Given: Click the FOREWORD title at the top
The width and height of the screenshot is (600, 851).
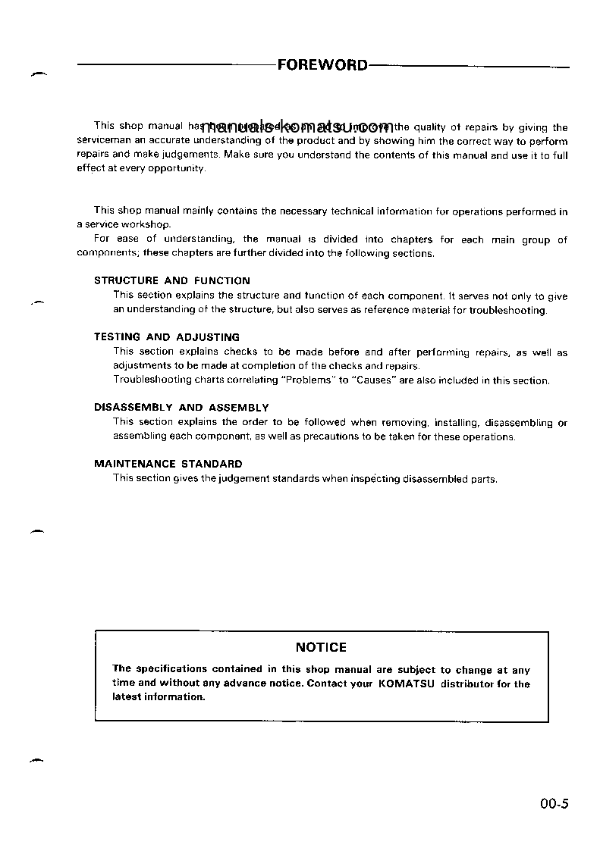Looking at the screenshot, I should pos(322,65).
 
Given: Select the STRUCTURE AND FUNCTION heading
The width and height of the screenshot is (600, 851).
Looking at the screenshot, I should pos(171,280).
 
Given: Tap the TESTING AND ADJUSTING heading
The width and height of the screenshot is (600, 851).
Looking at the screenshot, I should pos(166,337).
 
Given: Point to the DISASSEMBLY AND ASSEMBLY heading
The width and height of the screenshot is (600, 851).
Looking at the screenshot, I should pos(181,408).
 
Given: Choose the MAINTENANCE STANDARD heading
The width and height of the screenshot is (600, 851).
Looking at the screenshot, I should pos(168,464).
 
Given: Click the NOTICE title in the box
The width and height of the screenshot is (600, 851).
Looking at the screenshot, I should pos(321,647).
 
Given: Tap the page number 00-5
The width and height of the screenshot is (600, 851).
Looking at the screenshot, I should pos(554,806).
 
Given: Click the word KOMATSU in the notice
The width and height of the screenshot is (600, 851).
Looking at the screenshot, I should pos(405,684).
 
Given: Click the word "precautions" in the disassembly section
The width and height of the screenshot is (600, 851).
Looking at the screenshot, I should pos(310,436).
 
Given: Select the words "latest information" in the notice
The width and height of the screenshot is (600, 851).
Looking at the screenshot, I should pos(159,697).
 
